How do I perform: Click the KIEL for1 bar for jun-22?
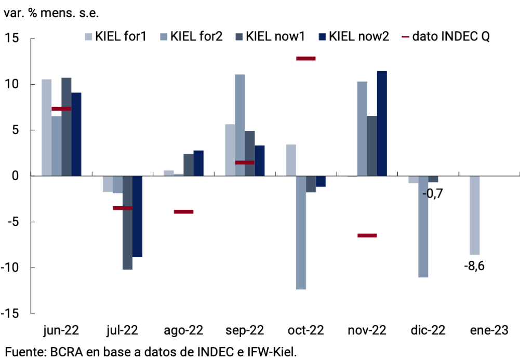(x=46, y=127)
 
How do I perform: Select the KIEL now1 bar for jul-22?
(x=127, y=222)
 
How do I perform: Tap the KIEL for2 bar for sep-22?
(x=239, y=125)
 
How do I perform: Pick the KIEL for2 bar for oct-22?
(x=301, y=232)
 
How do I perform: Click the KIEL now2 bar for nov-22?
(x=382, y=124)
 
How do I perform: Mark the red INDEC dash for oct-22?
(x=305, y=59)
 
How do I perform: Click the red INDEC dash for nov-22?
(x=367, y=235)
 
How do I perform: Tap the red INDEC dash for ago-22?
(x=183, y=211)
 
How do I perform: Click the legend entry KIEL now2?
(x=353, y=36)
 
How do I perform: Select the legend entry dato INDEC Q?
(x=446, y=36)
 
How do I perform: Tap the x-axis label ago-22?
(x=183, y=330)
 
